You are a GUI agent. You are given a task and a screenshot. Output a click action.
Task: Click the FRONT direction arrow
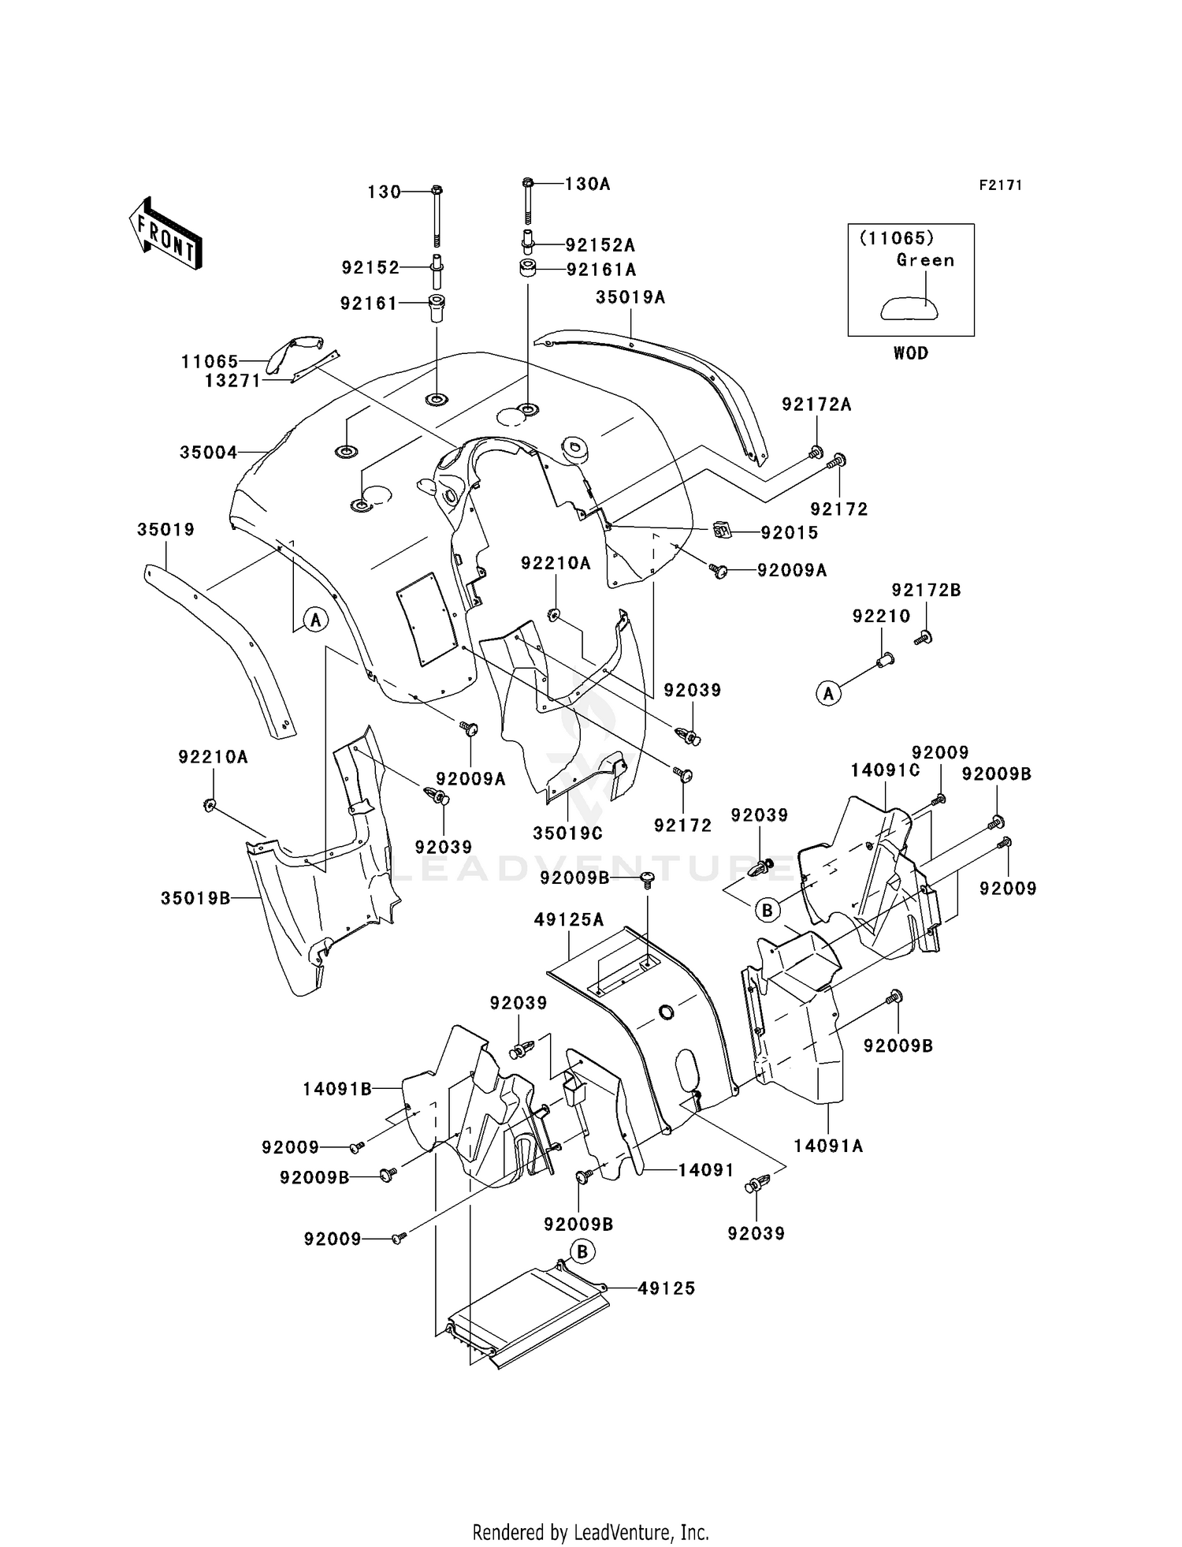point(165,234)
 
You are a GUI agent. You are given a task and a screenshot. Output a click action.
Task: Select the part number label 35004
point(209,453)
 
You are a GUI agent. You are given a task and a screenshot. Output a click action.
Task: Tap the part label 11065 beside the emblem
point(210,362)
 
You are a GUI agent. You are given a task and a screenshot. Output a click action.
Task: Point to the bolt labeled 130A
point(528,202)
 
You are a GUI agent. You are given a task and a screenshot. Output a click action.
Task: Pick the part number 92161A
point(601,270)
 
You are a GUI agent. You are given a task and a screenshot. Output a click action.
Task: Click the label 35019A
point(630,297)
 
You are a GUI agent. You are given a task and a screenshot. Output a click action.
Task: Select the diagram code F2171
point(1001,185)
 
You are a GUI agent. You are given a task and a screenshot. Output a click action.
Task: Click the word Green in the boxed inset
point(925,260)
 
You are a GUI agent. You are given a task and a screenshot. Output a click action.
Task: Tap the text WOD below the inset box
point(911,353)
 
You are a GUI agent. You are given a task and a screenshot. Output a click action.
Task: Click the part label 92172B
point(927,591)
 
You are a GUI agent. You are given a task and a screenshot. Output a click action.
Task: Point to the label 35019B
point(195,898)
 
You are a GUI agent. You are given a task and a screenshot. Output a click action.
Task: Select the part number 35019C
point(568,833)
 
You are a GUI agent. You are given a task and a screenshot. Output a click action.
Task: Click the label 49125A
point(569,919)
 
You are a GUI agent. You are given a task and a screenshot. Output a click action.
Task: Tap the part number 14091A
point(828,1146)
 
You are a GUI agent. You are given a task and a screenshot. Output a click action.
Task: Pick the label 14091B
point(337,1090)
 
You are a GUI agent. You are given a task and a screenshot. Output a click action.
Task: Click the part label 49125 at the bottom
point(667,1288)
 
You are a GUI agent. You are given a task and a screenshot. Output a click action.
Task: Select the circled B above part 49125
point(582,1251)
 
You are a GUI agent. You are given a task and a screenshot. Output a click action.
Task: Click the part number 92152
point(370,268)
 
